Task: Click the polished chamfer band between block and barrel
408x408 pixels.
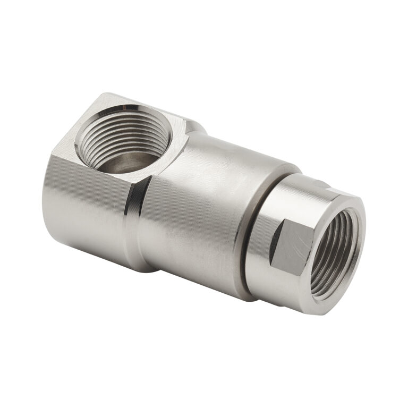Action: click(132, 212)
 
